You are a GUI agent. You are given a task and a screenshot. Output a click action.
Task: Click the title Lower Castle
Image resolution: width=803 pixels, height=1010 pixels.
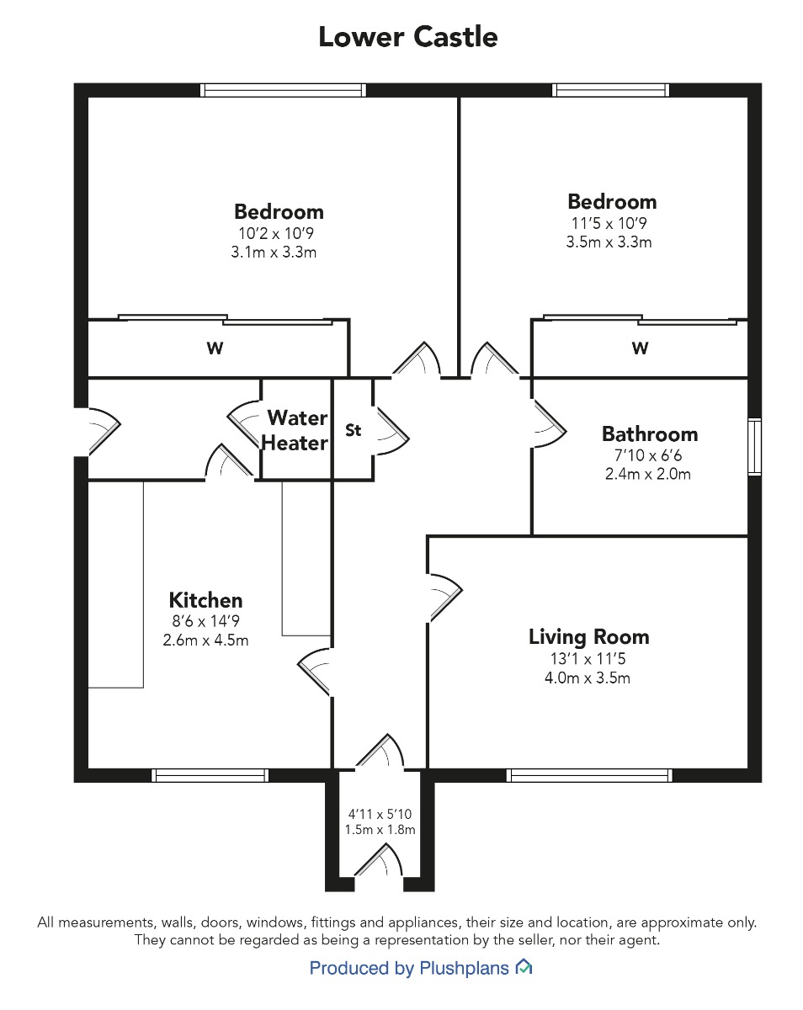tap(408, 37)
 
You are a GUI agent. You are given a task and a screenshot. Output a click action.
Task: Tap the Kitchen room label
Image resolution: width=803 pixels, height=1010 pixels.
tap(205, 600)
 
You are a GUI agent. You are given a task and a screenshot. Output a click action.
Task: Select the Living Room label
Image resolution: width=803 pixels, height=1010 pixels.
tap(589, 637)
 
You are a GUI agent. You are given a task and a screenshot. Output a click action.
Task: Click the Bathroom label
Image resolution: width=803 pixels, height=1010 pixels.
tap(650, 434)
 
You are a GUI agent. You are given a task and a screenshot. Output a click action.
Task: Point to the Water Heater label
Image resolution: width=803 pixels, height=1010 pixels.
tap(295, 430)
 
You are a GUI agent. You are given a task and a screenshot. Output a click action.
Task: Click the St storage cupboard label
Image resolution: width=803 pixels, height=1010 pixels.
tap(353, 430)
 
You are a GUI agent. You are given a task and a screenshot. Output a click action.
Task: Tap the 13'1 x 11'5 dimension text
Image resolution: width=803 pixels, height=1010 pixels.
tap(588, 659)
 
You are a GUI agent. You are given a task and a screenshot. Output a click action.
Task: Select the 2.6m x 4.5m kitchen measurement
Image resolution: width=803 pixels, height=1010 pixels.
tap(205, 641)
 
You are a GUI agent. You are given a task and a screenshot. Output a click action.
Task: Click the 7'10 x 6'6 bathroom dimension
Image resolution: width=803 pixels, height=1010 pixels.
tap(648, 455)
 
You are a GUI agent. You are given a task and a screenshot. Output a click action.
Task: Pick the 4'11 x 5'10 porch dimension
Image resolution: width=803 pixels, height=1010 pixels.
tap(380, 813)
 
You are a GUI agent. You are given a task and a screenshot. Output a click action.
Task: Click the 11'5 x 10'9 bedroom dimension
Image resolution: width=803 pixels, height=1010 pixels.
tap(609, 223)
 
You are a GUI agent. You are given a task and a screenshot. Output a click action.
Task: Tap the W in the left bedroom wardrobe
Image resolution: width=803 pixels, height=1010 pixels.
tap(215, 348)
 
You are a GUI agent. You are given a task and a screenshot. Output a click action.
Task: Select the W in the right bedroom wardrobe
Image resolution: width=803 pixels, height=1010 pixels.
tap(641, 348)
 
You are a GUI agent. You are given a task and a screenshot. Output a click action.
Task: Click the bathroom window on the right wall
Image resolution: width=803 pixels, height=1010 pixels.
tap(755, 446)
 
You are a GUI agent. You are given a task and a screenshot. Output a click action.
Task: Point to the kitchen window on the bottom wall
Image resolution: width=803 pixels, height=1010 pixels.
tap(210, 775)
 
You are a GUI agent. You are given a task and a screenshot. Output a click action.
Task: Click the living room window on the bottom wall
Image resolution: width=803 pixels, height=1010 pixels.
tap(589, 775)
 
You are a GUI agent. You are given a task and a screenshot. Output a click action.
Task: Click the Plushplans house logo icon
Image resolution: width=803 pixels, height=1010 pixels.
tap(524, 967)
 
